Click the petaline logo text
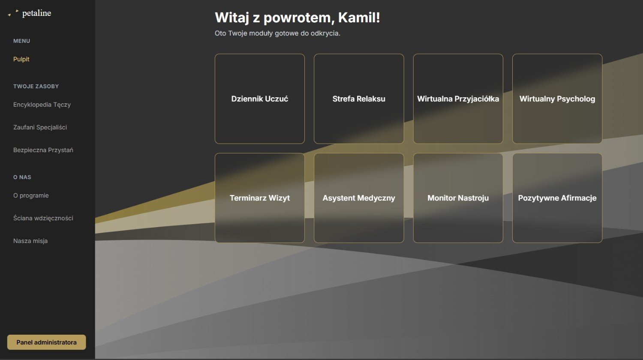click(x=36, y=13)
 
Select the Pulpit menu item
click(x=21, y=59)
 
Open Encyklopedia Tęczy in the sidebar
click(x=42, y=105)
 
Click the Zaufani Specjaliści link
click(x=40, y=127)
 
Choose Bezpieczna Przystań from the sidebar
click(x=43, y=150)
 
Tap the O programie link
click(x=31, y=195)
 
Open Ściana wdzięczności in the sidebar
click(x=43, y=218)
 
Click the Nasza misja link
click(x=30, y=241)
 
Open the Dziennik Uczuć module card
click(x=259, y=99)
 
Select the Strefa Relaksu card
click(x=359, y=99)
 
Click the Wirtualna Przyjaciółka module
click(x=458, y=99)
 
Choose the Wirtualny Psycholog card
click(x=557, y=99)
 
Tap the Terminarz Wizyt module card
click(x=259, y=198)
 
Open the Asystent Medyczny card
click(x=359, y=198)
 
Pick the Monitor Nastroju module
click(x=458, y=198)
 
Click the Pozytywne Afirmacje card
click(x=557, y=198)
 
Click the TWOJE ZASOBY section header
click(x=36, y=87)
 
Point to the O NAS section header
click(x=22, y=177)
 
